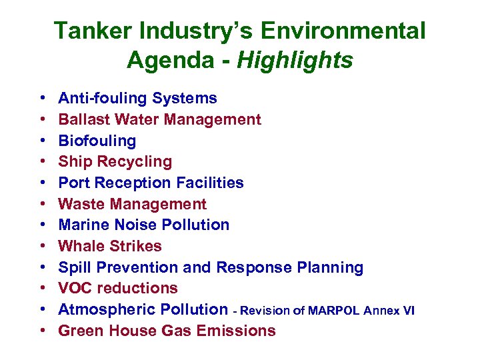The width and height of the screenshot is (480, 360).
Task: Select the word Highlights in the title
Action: coord(295,61)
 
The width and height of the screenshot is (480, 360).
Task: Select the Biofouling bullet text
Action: coord(97,141)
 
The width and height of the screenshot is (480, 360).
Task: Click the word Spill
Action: coord(75,267)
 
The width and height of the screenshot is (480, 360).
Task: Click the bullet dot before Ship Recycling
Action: coord(43,162)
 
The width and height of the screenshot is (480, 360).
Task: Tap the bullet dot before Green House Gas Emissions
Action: coord(43,331)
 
